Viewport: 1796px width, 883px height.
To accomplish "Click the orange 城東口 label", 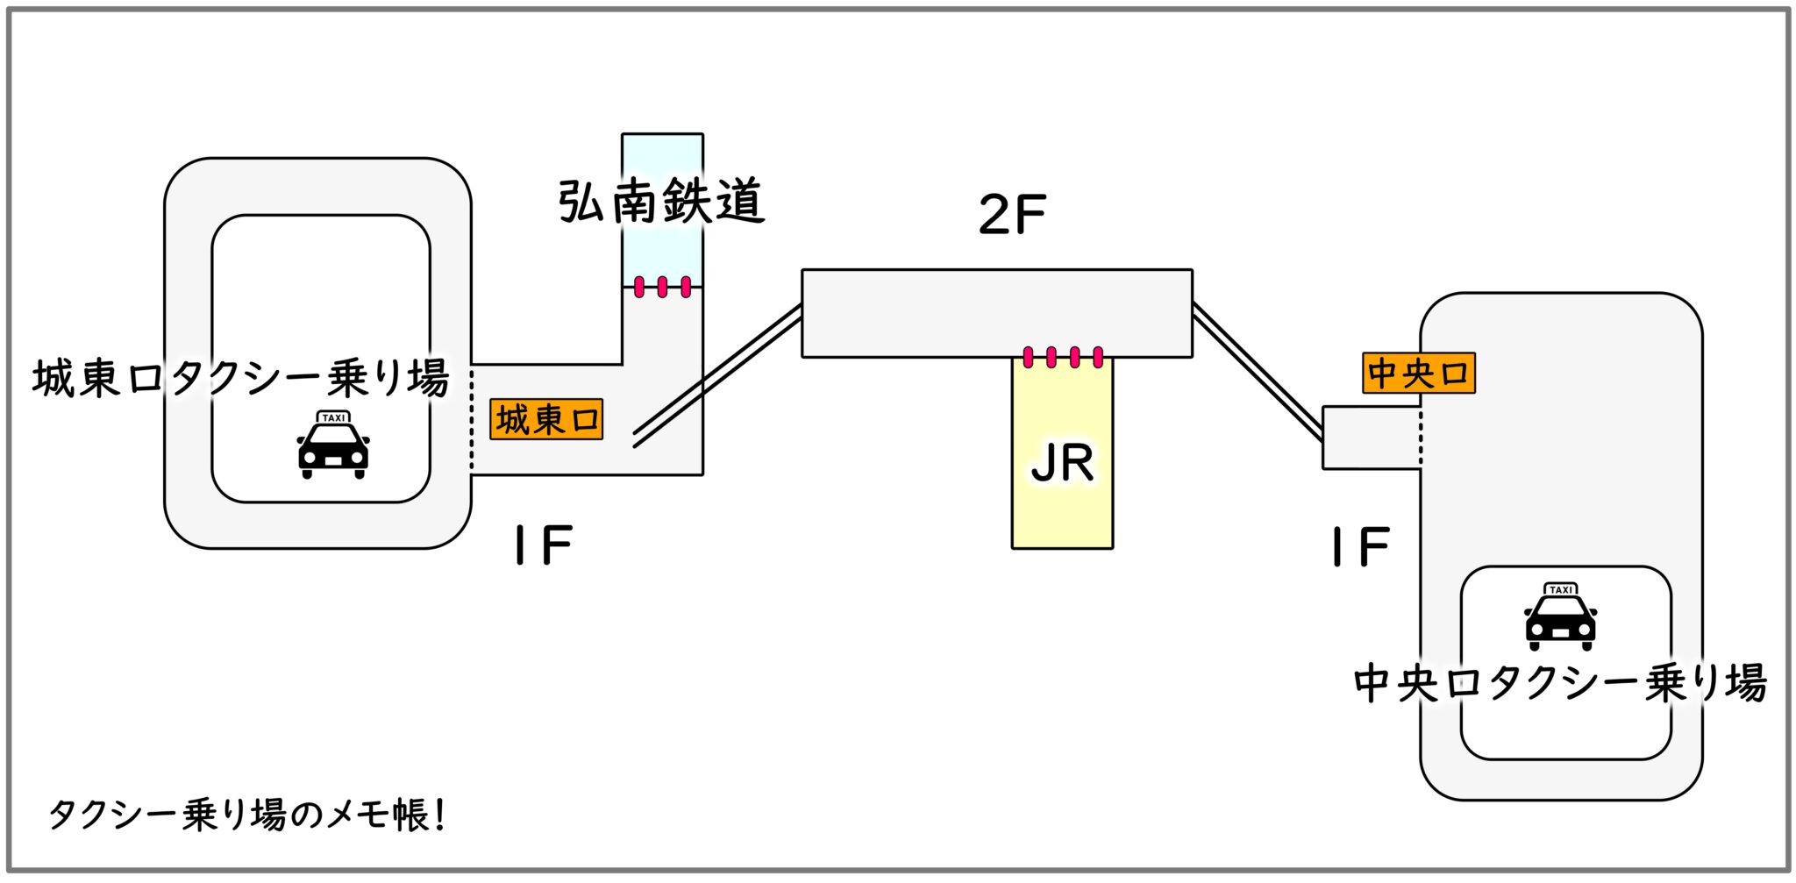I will coord(546,419).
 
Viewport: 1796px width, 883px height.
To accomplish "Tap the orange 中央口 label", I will coord(1418,373).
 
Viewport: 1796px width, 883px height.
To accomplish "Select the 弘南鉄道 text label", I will coord(661,202).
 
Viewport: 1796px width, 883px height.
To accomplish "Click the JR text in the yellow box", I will coord(1062,463).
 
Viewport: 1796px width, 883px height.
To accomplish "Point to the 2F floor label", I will coord(1012,214).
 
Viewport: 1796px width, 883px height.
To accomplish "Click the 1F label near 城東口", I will coord(544,545).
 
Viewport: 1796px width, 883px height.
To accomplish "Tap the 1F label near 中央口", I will coord(1360,547).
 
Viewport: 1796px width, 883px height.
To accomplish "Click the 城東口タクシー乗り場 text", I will coord(241,379).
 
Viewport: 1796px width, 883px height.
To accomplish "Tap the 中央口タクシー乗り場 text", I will coord(1559,683).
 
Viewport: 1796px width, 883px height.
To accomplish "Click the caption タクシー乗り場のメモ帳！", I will coord(247,815).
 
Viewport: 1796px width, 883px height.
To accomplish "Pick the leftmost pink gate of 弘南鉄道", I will coord(639,287).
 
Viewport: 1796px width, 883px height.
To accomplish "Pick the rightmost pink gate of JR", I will coord(1098,357).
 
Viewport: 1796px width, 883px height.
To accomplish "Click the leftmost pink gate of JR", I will coord(1028,357).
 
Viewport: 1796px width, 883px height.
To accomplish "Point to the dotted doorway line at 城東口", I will coord(471,419).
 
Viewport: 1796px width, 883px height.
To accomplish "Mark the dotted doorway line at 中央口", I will coord(1421,437).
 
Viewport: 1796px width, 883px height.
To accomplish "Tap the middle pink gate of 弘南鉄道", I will coord(662,287).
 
